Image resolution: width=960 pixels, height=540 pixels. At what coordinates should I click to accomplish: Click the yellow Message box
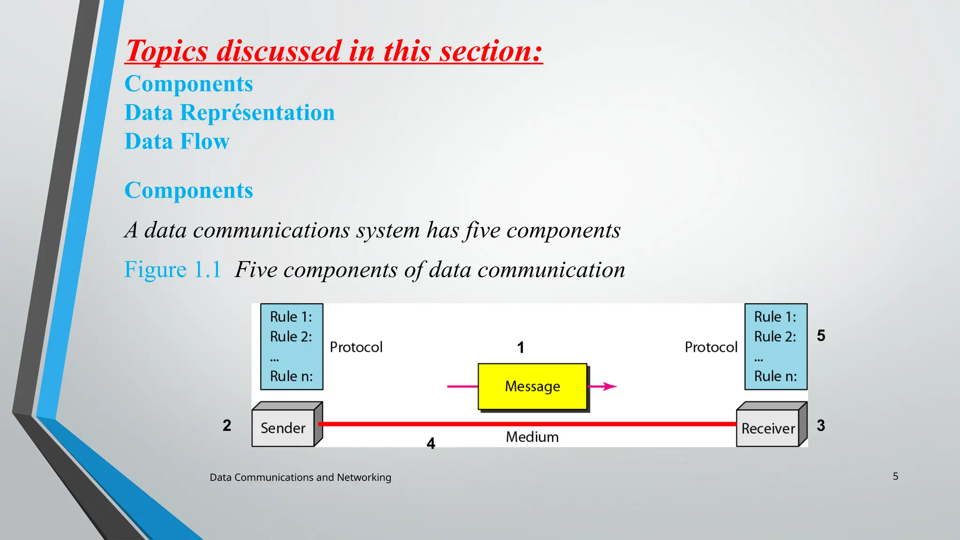[532, 387]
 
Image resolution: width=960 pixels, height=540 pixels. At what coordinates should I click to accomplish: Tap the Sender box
[283, 428]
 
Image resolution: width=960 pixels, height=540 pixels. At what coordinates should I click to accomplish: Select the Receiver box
[768, 428]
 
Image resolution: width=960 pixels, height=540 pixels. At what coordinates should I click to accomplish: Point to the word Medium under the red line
[532, 437]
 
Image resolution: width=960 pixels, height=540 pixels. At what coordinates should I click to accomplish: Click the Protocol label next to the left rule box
[356, 347]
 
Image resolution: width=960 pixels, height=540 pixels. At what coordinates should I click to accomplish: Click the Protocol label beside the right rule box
[711, 347]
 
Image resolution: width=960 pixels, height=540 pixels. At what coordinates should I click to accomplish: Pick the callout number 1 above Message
[520, 348]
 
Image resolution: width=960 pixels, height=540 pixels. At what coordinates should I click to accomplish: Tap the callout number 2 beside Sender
[227, 426]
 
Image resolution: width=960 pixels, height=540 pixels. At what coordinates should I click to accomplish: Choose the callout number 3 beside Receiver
[821, 426]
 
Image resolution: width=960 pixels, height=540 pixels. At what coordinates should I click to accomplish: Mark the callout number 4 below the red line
[431, 443]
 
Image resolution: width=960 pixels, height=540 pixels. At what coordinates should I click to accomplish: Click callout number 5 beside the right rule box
[821, 336]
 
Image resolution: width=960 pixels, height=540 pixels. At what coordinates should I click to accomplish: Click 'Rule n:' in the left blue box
[291, 376]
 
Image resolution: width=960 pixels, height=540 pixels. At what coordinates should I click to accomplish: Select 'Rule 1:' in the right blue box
[775, 317]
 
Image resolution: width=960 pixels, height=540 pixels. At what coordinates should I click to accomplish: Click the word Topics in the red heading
[167, 51]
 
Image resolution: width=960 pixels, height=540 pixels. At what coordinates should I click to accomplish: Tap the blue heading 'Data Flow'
[177, 142]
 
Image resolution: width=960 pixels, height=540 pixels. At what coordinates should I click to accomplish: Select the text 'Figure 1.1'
[172, 270]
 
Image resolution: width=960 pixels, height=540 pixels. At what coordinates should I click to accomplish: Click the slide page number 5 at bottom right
[895, 476]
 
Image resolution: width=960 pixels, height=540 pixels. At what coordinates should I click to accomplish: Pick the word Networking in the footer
[364, 477]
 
